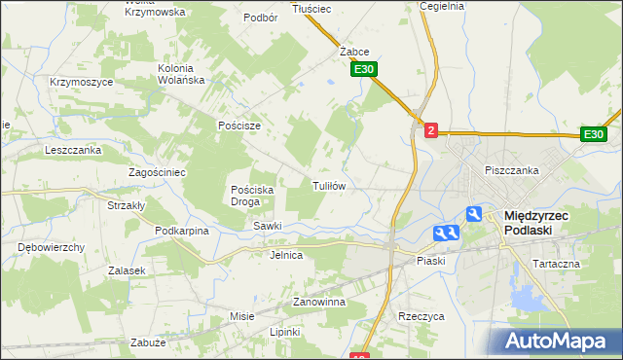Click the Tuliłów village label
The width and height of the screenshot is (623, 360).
pyautogui.click(x=329, y=185)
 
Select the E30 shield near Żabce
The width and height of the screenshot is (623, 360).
pyautogui.click(x=364, y=70)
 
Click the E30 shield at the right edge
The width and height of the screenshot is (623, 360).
pyautogui.click(x=594, y=134)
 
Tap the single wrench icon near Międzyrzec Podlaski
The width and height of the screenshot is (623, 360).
pyautogui.click(x=473, y=214)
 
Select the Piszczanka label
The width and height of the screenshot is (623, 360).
pyautogui.click(x=511, y=170)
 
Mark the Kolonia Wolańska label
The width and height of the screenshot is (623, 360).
pyautogui.click(x=186, y=75)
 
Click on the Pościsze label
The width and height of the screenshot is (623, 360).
pyautogui.click(x=239, y=126)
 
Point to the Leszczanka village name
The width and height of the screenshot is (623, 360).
pyautogui.click(x=73, y=151)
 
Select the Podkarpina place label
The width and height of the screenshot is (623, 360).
pyautogui.click(x=182, y=231)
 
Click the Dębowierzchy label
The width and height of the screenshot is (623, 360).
pyautogui.click(x=51, y=247)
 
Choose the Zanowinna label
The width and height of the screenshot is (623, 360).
pyautogui.click(x=319, y=303)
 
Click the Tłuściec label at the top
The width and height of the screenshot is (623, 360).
pyautogui.click(x=311, y=9)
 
